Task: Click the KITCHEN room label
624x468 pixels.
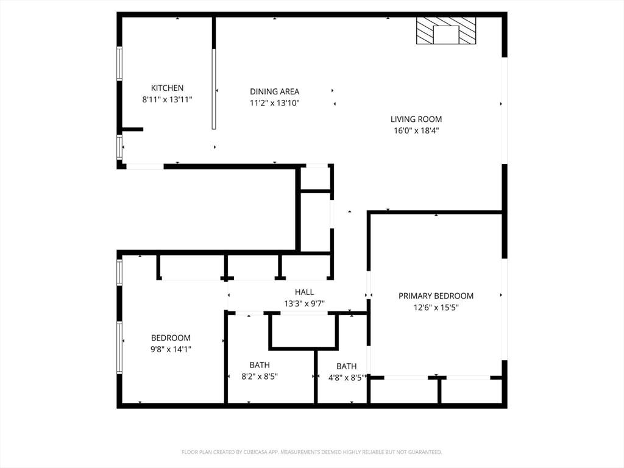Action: (x=167, y=88)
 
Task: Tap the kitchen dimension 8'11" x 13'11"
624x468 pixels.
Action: (x=167, y=99)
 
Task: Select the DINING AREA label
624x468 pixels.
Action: (x=274, y=91)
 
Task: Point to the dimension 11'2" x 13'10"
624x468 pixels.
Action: (x=274, y=103)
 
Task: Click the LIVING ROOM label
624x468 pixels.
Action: (x=416, y=119)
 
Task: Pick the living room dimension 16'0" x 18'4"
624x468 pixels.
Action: (x=416, y=130)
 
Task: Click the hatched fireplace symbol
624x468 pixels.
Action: (x=445, y=30)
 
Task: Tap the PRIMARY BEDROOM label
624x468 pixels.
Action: (x=436, y=296)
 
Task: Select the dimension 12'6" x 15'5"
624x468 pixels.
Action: (x=436, y=308)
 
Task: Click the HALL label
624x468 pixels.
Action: (x=304, y=292)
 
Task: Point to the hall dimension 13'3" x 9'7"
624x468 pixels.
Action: (x=304, y=303)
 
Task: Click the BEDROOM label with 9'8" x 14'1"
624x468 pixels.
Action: (x=171, y=338)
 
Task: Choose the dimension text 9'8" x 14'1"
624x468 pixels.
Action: (x=171, y=349)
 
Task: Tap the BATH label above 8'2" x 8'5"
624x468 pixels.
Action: (x=260, y=365)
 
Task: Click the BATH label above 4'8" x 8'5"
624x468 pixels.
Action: (x=346, y=366)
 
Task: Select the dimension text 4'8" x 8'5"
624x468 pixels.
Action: (x=346, y=377)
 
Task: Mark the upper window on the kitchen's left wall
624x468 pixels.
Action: (x=119, y=63)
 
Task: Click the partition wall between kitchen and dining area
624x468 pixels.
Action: (x=214, y=88)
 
